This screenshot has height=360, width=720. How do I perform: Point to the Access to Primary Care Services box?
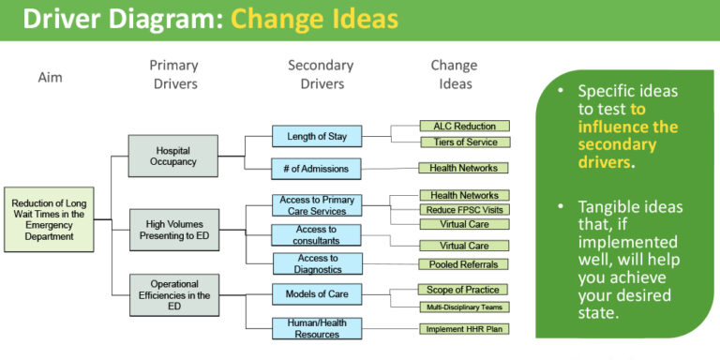pos(316,206)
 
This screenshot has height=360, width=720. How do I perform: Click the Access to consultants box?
pos(316,234)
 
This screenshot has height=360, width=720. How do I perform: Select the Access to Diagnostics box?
pos(316,264)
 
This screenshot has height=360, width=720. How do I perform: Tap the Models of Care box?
pos(316,294)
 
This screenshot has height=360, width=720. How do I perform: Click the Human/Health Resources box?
pos(316,327)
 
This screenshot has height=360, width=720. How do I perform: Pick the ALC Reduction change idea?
pos(463,126)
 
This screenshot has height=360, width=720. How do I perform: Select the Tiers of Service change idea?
pos(463,142)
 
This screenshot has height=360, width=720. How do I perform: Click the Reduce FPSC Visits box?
pos(463,209)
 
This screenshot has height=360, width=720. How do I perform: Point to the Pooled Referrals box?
pos(463,264)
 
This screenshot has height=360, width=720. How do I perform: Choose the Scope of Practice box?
pos(463,290)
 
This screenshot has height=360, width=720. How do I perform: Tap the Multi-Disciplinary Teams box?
pos(463,307)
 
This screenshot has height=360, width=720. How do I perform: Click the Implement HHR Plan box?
pos(463,329)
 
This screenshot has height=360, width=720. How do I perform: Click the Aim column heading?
pos(50,77)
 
